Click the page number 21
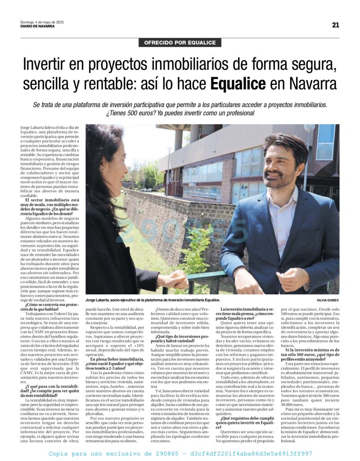point(336,25)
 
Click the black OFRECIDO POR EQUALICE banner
point(180,43)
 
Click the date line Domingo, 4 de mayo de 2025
point(42,22)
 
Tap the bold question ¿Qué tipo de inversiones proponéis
point(182,338)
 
